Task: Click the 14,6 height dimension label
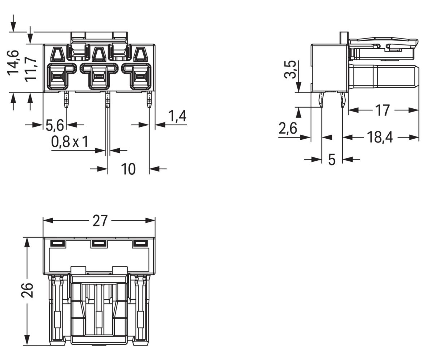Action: click(x=14, y=62)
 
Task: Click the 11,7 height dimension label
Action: click(x=30, y=69)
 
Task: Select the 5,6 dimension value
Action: click(x=55, y=125)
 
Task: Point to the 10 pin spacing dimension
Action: click(x=128, y=169)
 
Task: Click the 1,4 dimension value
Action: click(x=177, y=116)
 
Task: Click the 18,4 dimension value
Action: click(x=380, y=138)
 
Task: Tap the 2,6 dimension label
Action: click(x=288, y=128)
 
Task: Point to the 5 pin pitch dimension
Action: click(x=332, y=160)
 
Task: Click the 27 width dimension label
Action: click(x=100, y=221)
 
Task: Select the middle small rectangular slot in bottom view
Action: click(x=99, y=244)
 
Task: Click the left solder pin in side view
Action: click(x=322, y=100)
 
